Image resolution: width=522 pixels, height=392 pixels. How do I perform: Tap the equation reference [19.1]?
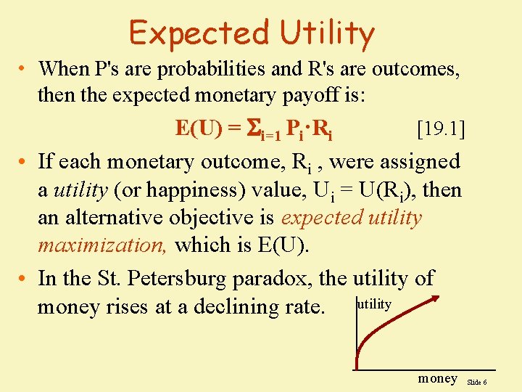coord(441,130)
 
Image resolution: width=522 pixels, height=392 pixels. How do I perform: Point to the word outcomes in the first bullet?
coord(411,69)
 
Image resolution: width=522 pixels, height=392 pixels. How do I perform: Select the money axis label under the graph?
coord(438,378)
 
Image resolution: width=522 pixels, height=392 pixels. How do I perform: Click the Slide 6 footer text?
coord(476,381)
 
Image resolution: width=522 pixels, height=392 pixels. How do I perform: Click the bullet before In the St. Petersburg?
coord(23,279)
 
